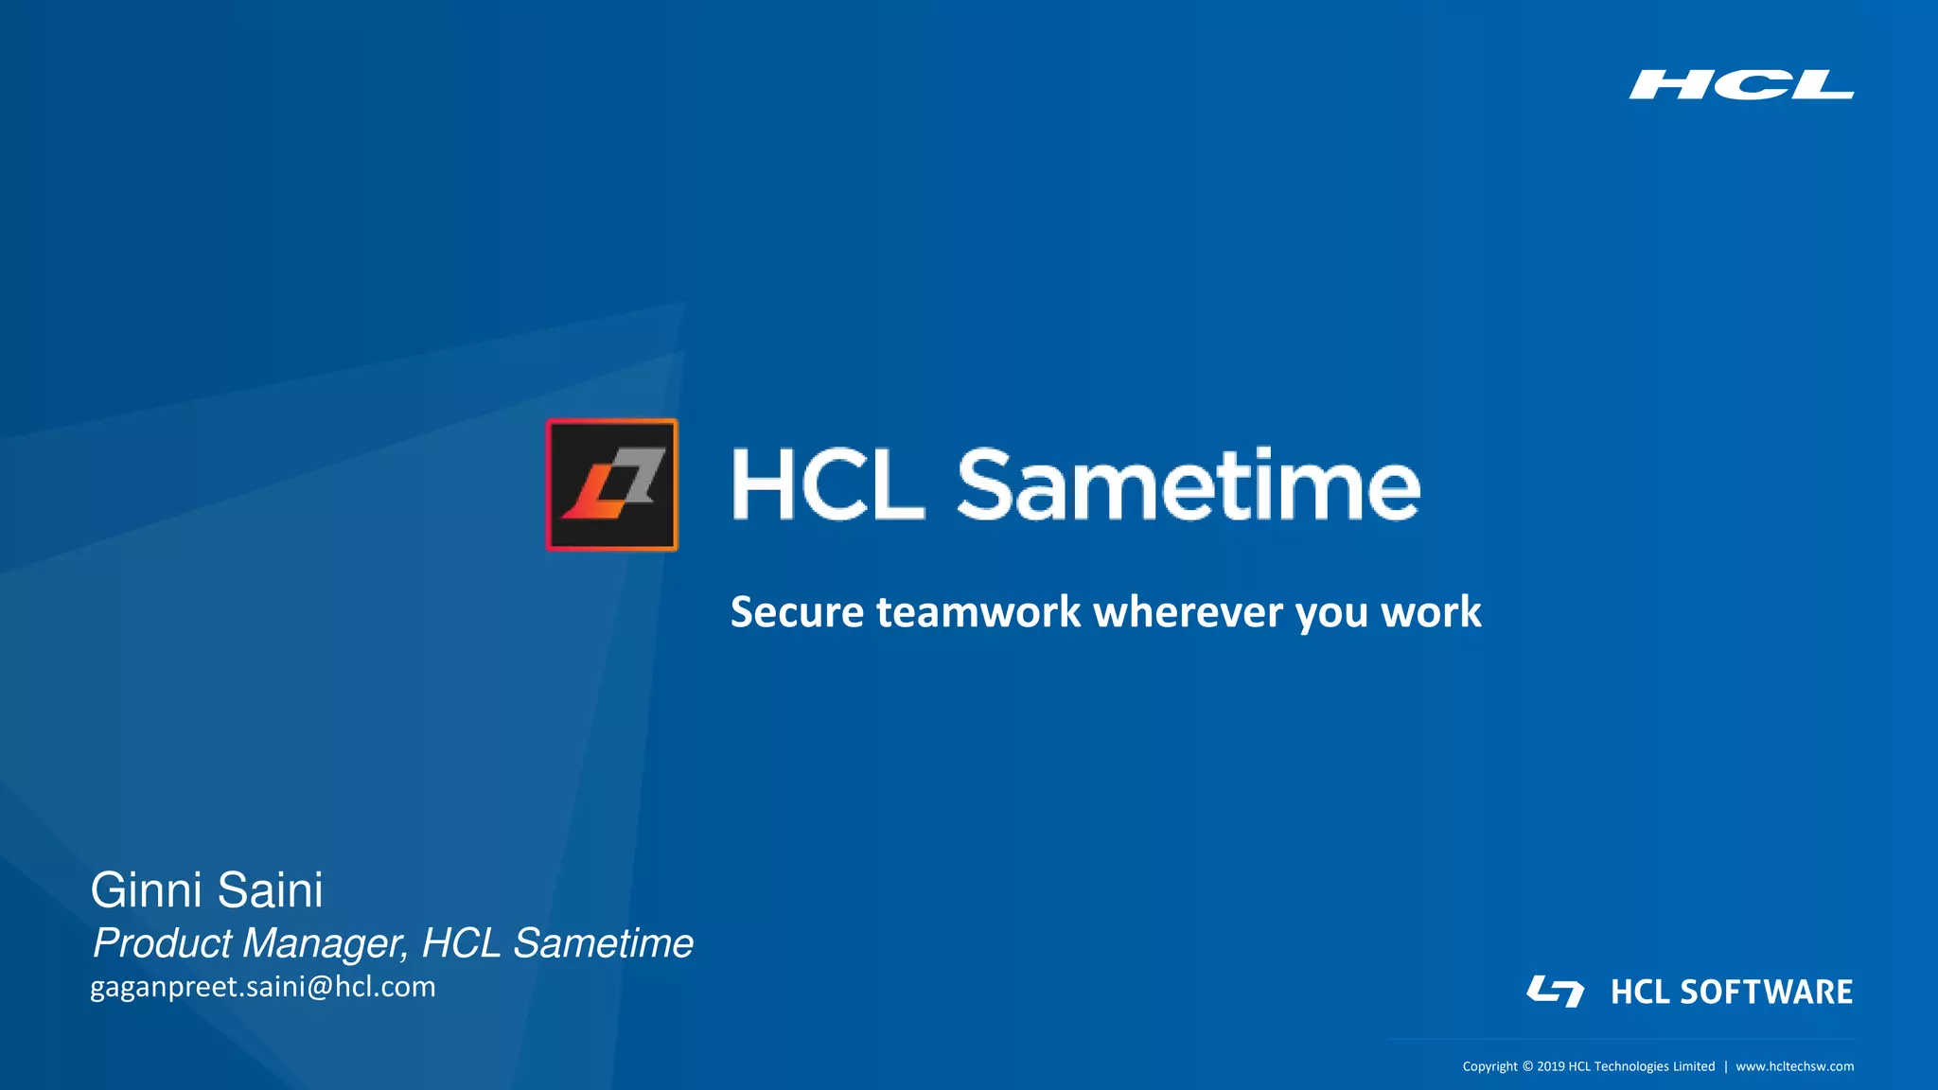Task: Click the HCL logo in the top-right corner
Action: click(x=1741, y=84)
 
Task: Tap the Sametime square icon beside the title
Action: click(x=612, y=484)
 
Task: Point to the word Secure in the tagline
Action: click(x=797, y=612)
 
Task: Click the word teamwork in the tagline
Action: click(x=978, y=612)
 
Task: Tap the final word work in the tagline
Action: click(x=1431, y=612)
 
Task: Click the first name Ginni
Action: click(x=147, y=890)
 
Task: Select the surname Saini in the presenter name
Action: click(x=271, y=890)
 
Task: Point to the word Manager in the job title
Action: click(x=325, y=943)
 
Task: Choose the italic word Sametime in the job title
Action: click(x=603, y=943)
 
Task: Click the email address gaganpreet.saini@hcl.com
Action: click(x=263, y=987)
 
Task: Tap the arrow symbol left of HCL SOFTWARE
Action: click(x=1555, y=992)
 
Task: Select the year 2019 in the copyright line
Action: click(x=1550, y=1066)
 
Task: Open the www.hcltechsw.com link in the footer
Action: click(x=1794, y=1066)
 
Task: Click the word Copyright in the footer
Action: click(x=1489, y=1066)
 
